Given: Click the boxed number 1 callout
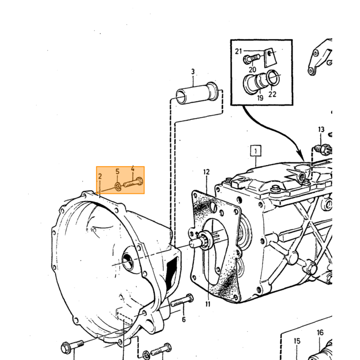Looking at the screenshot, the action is [256, 151].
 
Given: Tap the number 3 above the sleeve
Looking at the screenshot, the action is [193, 72].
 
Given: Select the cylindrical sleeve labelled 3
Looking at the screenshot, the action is [197, 93].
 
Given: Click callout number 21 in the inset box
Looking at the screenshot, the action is [239, 51].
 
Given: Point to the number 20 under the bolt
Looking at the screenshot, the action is [252, 69].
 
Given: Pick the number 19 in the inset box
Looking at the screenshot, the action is [260, 98].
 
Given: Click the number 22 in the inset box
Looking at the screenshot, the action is [272, 94].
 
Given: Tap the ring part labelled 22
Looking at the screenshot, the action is [273, 77].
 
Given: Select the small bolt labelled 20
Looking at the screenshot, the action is [251, 59].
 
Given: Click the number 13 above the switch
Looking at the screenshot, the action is [321, 130].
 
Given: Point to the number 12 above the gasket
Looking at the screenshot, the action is [206, 172].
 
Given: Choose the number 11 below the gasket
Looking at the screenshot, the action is [208, 304].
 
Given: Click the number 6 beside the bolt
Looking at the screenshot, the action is [184, 319].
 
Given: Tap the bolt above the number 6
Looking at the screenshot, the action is [183, 301].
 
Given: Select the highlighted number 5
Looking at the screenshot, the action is [117, 171].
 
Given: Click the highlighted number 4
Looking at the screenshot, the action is [133, 169].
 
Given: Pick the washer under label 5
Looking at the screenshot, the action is [118, 186].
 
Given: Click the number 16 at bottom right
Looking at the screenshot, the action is [320, 332].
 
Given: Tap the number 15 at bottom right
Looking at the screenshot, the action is [297, 341].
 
